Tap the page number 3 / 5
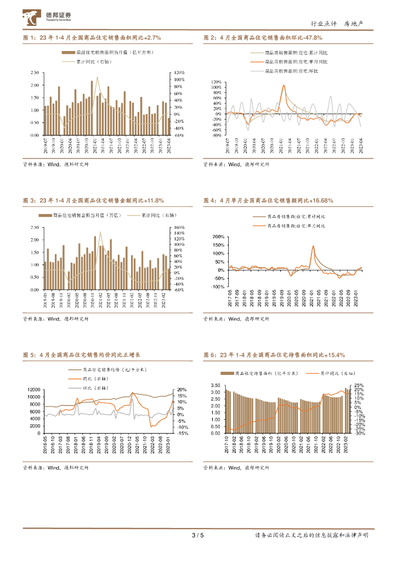click(x=198, y=535)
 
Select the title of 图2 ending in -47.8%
click(x=263, y=38)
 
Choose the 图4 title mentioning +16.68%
click(x=268, y=201)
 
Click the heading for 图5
click(x=82, y=355)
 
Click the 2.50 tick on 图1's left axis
click(x=34, y=72)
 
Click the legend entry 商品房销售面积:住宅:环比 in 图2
click(x=291, y=71)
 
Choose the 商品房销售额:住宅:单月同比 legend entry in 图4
click(x=296, y=226)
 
